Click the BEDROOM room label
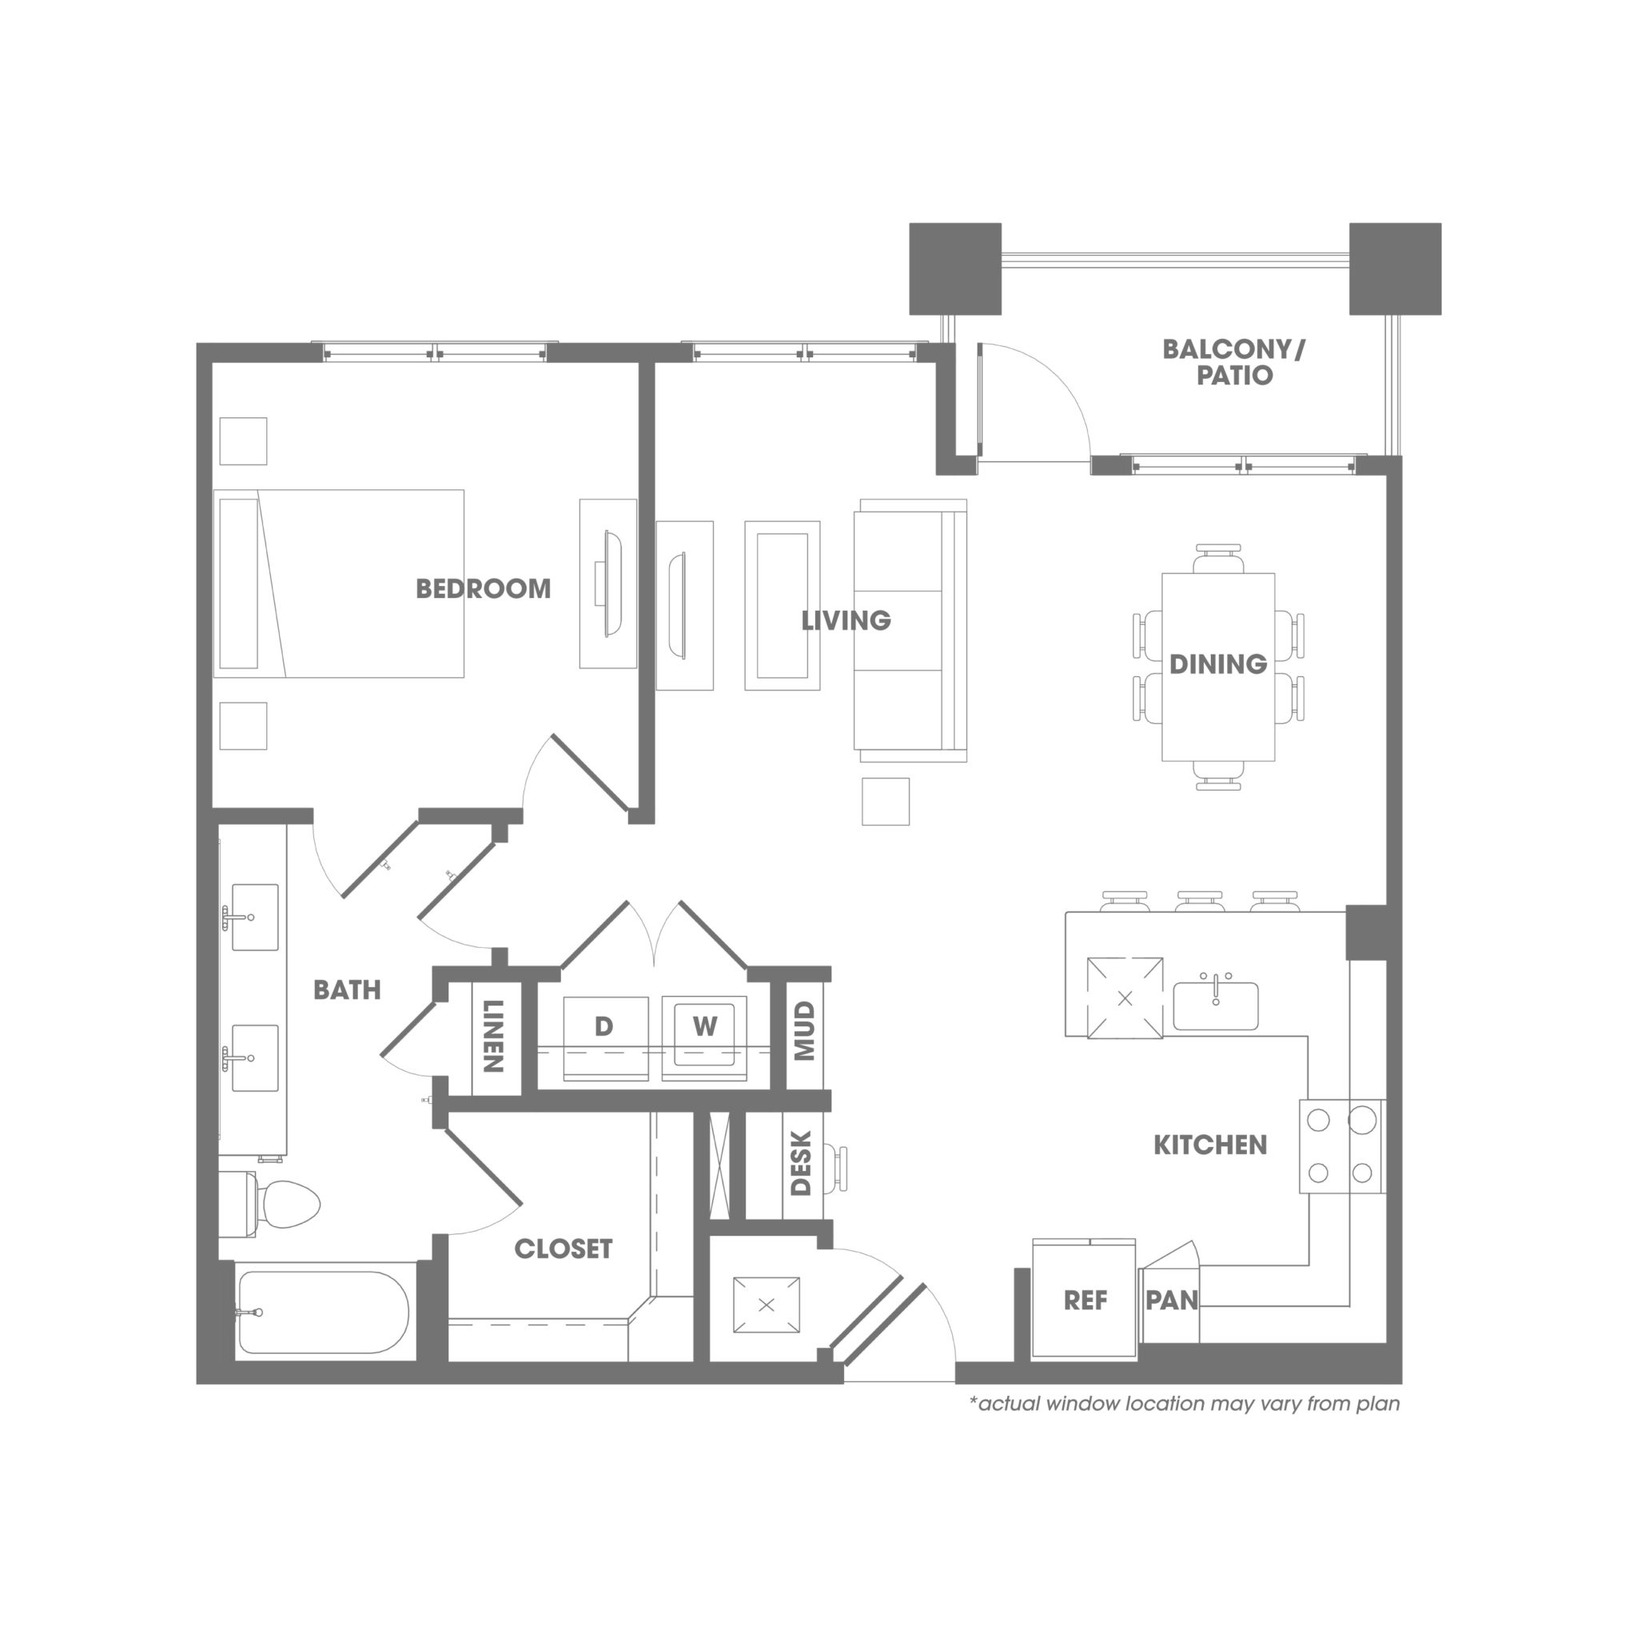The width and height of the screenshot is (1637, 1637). click(x=483, y=589)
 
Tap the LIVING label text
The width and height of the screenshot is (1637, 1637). click(x=846, y=621)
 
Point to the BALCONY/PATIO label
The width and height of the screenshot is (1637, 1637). click(x=1233, y=362)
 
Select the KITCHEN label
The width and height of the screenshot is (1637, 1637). click(x=1210, y=1145)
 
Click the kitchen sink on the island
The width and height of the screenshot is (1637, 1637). click(x=1215, y=1006)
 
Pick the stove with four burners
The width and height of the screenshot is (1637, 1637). click(x=1342, y=1146)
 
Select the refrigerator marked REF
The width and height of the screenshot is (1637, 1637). click(x=1085, y=1300)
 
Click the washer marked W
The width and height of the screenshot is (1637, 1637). click(x=704, y=1037)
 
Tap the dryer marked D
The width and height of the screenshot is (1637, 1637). click(x=606, y=1037)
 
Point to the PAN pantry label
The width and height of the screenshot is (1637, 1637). click(x=1172, y=1300)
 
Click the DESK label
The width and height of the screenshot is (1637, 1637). click(x=801, y=1163)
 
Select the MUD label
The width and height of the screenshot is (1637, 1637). click(x=804, y=1031)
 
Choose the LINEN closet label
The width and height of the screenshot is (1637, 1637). click(x=493, y=1036)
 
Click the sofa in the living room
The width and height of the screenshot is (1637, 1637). click(x=910, y=631)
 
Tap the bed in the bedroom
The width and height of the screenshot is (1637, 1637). click(x=339, y=584)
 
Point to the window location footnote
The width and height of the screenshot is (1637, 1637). click(x=1185, y=1404)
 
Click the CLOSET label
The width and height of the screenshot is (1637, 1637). click(x=564, y=1249)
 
